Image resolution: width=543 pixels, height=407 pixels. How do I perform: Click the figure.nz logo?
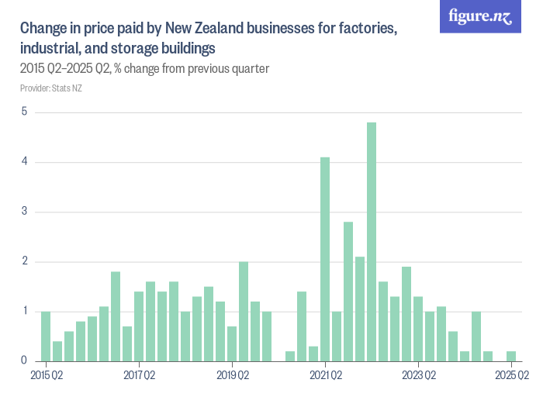pyautogui.click(x=480, y=16)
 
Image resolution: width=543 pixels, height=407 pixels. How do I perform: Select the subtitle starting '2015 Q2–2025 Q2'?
pyautogui.click(x=144, y=68)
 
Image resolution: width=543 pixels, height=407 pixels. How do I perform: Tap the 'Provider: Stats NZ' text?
pyautogui.click(x=50, y=88)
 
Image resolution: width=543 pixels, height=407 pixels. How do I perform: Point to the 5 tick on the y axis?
pyautogui.click(x=24, y=112)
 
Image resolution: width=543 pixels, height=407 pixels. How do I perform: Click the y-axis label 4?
pyautogui.click(x=24, y=161)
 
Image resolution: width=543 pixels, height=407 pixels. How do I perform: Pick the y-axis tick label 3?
pyautogui.click(x=24, y=212)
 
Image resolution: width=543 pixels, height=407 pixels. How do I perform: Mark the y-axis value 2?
pyautogui.click(x=24, y=261)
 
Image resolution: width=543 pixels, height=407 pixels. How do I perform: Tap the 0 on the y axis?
pyautogui.click(x=24, y=360)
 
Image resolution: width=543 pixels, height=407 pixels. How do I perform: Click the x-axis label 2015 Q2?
pyautogui.click(x=46, y=376)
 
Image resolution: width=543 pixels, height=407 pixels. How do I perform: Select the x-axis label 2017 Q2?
pyautogui.click(x=139, y=376)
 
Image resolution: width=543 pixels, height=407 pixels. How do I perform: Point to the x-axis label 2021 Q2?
pyautogui.click(x=325, y=376)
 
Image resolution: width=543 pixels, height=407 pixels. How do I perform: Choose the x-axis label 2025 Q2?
pyautogui.click(x=511, y=376)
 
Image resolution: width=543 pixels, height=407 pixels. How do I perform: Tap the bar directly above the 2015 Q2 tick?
pyautogui.click(x=46, y=336)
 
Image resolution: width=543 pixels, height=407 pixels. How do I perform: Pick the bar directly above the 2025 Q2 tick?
pyautogui.click(x=511, y=357)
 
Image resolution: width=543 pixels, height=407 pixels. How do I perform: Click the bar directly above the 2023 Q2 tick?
pyautogui.click(x=418, y=329)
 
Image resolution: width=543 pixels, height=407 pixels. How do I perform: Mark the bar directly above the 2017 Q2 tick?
pyautogui.click(x=139, y=326)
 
